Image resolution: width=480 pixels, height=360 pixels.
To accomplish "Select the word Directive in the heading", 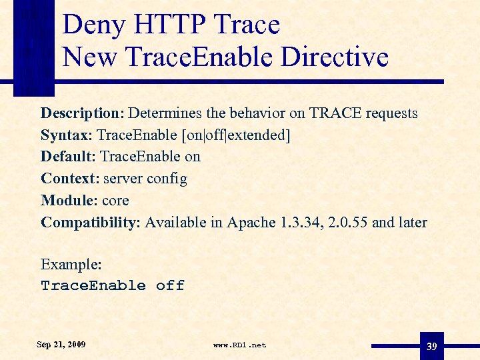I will point(335,57).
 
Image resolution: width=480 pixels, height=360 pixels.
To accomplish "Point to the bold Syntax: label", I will point(66,135).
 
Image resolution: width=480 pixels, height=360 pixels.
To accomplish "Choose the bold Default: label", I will point(68,157).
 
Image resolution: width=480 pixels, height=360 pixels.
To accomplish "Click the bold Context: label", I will point(69,179).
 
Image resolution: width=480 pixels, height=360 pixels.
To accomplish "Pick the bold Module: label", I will point(69,200).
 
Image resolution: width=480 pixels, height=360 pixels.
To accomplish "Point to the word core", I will point(115,200).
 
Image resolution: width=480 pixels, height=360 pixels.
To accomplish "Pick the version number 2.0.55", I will point(349,222).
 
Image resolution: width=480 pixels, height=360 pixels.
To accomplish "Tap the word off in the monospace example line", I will point(170,285).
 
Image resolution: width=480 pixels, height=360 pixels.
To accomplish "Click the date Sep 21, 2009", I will point(61,345).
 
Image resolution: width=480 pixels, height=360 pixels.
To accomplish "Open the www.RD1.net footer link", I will point(239,345).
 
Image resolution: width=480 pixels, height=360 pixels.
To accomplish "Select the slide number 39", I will point(432,346).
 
